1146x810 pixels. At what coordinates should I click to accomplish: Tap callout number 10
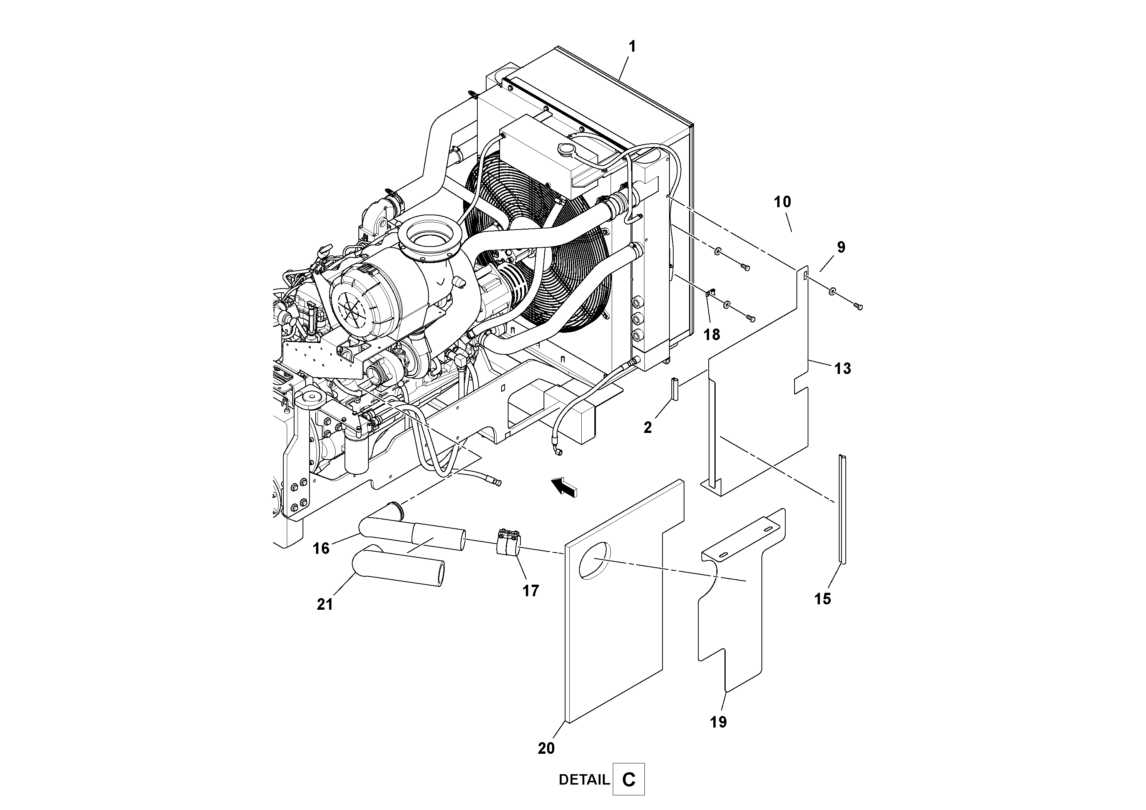pos(782,202)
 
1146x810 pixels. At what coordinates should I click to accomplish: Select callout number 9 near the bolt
pos(841,247)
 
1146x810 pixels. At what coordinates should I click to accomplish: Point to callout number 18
pos(712,335)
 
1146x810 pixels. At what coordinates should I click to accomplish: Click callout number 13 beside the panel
pos(843,369)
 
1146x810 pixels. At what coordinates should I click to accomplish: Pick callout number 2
pos(647,428)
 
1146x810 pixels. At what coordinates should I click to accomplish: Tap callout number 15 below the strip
pos(823,599)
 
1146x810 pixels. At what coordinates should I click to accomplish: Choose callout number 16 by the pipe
pos(321,548)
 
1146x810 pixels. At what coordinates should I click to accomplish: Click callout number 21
pos(325,604)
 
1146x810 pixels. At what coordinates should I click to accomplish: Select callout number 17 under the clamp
pos(530,591)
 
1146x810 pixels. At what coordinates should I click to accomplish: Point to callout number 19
pos(718,722)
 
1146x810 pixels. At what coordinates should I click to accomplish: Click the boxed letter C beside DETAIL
pos(628,779)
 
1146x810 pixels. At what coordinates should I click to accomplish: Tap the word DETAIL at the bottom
pos(584,780)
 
